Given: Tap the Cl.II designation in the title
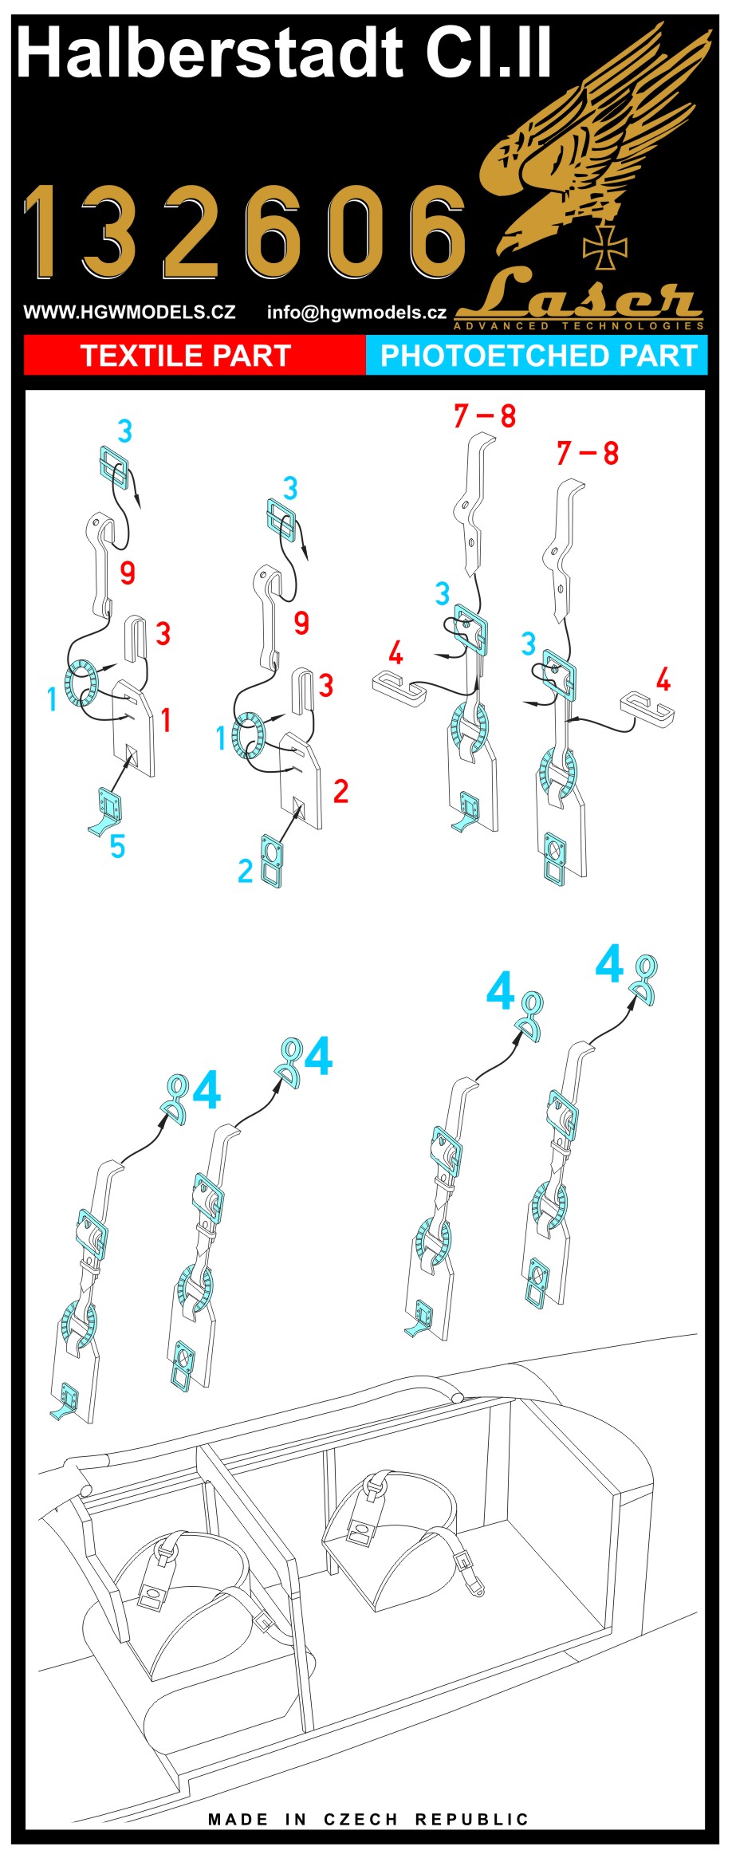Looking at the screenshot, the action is pos(488,53).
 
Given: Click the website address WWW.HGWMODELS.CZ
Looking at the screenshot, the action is pos(129,312).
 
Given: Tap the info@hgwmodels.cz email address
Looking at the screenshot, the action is pos(356,313).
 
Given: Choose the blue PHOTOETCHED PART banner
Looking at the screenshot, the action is pos(537,355).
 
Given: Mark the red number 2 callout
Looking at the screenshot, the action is pos(340,791).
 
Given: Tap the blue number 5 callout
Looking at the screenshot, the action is pos(117,846).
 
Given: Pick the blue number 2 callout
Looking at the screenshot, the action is pos(246,871).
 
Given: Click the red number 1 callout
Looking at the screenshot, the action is pos(166,720).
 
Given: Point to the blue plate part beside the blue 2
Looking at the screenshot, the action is pos(271,862).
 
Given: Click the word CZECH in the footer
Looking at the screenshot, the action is pos(360,1820).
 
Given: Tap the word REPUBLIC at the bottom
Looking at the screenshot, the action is pos(472,1820).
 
